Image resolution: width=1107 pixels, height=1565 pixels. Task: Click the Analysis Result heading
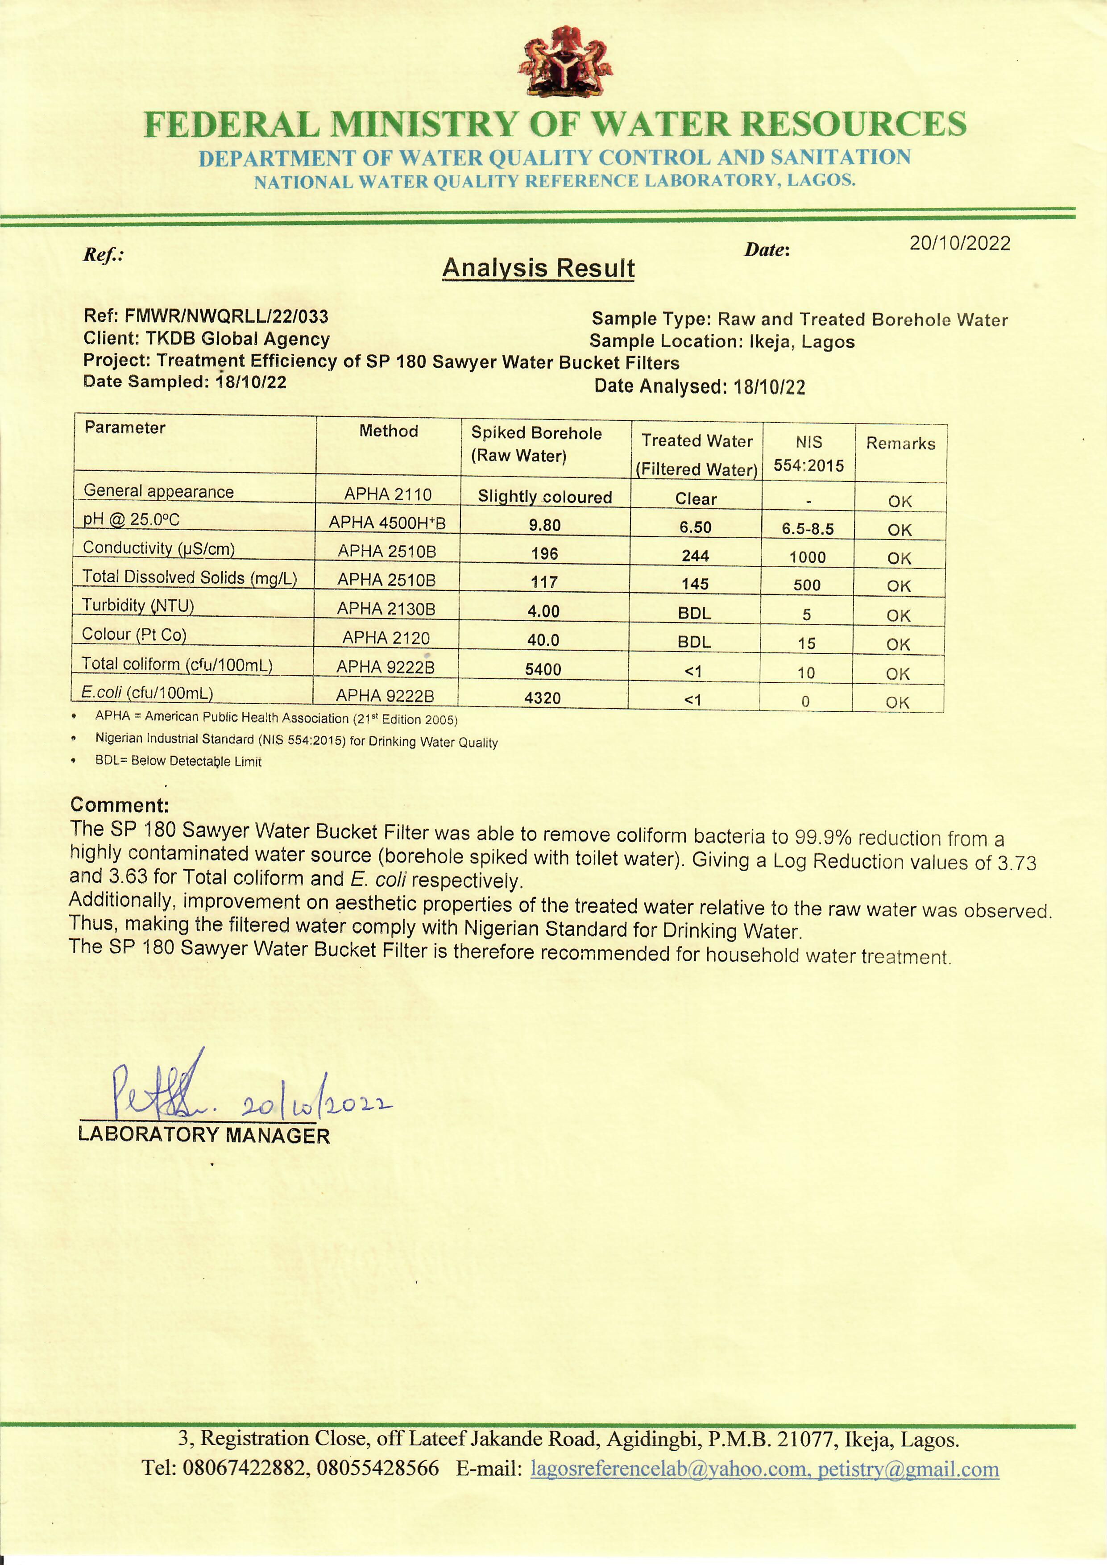[x=539, y=268]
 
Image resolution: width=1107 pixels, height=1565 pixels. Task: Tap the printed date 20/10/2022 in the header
[x=960, y=243]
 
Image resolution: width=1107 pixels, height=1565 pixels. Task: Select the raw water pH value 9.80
[x=545, y=526]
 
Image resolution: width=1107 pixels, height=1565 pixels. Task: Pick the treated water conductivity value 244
[x=695, y=556]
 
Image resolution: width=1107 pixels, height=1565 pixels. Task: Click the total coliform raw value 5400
[x=543, y=669]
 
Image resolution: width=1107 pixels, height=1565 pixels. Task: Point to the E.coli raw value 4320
[x=543, y=698]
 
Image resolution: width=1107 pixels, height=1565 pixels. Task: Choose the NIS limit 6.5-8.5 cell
[x=808, y=529]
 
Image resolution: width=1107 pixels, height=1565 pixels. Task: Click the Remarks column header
[x=900, y=444]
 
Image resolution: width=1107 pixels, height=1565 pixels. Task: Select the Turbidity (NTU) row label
[x=138, y=605]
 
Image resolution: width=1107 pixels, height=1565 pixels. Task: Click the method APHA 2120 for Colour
[x=386, y=638]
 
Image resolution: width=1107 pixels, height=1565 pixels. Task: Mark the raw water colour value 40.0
[x=543, y=640]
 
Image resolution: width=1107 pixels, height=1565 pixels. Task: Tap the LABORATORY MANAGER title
[x=204, y=1136]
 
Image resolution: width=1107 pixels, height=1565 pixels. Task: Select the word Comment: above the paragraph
[x=119, y=805]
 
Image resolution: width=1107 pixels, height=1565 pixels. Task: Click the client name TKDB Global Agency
[x=239, y=339]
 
